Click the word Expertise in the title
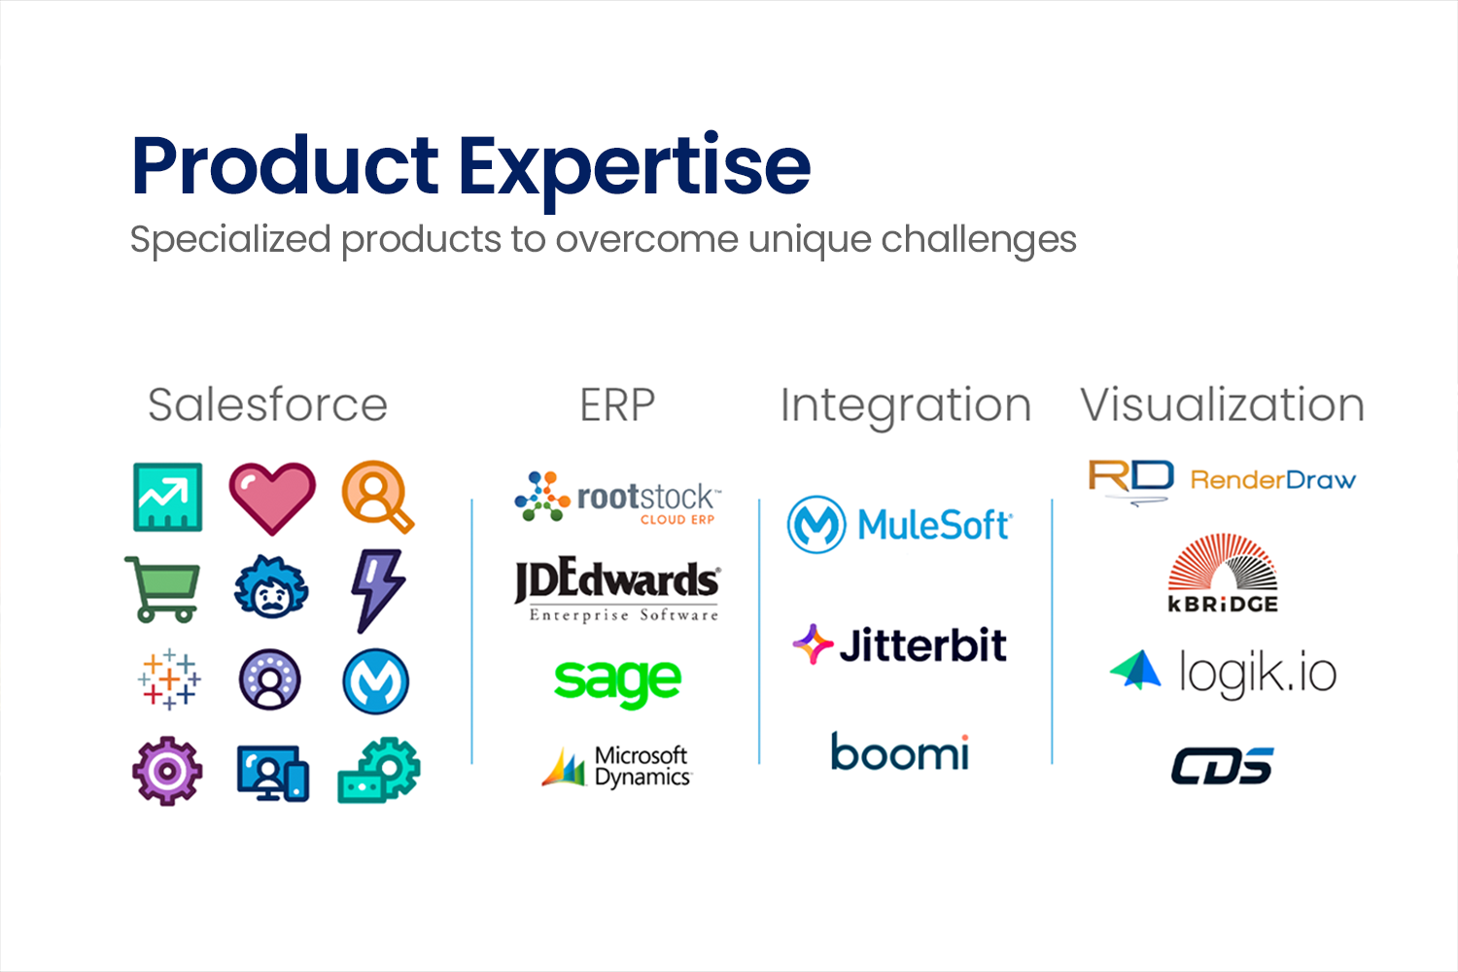635,169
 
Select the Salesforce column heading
267,405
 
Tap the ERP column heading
617,405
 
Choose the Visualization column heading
1223,405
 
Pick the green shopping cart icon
162,590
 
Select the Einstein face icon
271,586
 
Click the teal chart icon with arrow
168,498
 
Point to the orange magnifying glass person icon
377,497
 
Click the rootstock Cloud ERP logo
617,498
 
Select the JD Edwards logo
617,590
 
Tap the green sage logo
617,681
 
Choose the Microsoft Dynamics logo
616,766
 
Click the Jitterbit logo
899,644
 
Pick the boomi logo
900,751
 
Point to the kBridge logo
1223,573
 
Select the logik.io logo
1223,673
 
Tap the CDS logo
1223,766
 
